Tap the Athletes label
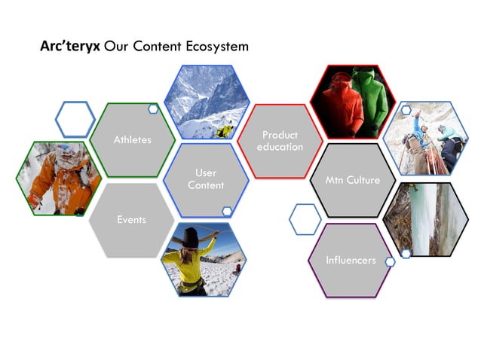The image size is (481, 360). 132,139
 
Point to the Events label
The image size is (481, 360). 131,220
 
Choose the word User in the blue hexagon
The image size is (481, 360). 206,173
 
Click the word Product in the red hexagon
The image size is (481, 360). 280,135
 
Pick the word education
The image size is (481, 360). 280,147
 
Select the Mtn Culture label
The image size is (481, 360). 353,181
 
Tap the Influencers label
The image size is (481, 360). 351,260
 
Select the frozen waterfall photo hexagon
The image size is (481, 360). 425,218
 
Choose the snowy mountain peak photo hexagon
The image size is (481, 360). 204,102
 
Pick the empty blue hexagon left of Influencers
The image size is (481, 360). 305,219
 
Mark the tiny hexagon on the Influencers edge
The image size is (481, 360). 390,262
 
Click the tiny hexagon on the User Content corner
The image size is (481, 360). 227,212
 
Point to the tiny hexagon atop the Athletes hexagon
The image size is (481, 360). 153,110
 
